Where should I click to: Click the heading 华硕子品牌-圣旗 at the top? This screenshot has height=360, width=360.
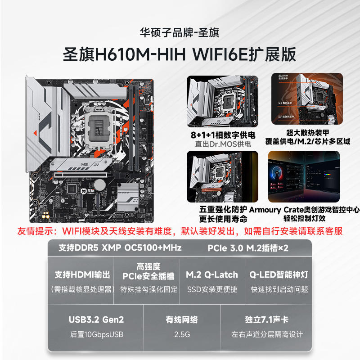pyautogui.click(x=180, y=33)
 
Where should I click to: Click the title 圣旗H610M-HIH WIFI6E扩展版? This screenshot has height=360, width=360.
pyautogui.click(x=180, y=54)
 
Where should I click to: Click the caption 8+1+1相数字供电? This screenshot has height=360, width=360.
pyautogui.click(x=223, y=135)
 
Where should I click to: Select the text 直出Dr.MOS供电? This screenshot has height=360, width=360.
pyautogui.click(x=223, y=144)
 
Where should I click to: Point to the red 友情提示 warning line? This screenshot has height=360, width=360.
pyautogui.click(x=180, y=231)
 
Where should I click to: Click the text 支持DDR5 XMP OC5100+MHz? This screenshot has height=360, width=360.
pyautogui.click(x=120, y=248)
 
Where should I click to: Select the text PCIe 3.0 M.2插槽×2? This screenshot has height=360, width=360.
pyautogui.click(x=248, y=248)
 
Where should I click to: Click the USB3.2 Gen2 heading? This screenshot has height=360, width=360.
pyautogui.click(x=96, y=320)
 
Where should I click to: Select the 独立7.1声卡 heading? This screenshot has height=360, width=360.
pyautogui.click(x=267, y=320)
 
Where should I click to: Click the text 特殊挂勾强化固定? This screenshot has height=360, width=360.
pyautogui.click(x=149, y=289)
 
